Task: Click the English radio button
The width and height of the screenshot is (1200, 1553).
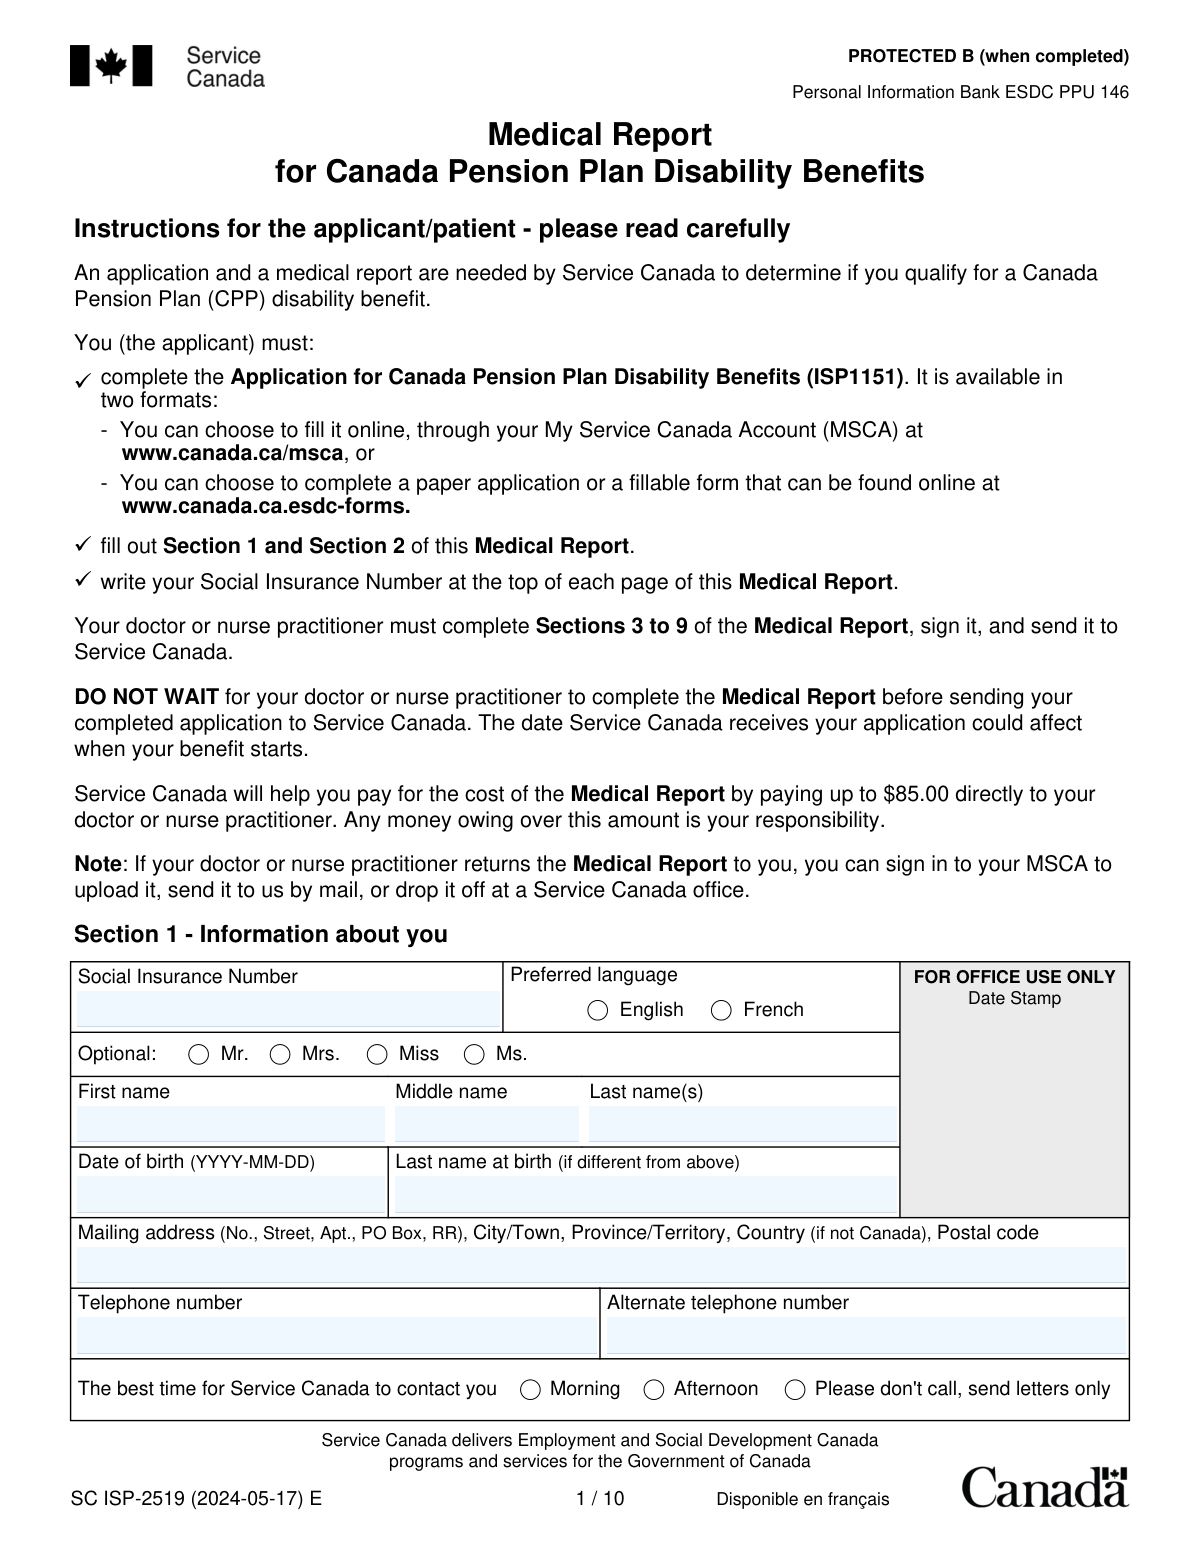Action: click(598, 1010)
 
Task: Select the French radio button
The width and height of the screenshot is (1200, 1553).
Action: click(721, 1010)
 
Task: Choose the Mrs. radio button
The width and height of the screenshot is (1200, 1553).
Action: click(281, 1054)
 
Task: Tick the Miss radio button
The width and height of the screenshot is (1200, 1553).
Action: click(377, 1054)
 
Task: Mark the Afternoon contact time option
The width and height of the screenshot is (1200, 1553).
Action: click(654, 1389)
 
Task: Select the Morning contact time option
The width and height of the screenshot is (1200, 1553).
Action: click(531, 1389)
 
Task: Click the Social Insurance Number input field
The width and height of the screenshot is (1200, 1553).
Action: click(287, 1009)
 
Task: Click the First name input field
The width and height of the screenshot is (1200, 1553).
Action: click(230, 1124)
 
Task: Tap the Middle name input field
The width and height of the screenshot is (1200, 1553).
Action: click(486, 1124)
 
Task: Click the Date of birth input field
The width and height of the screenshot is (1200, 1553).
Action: click(230, 1194)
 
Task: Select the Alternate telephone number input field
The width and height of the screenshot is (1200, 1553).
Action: click(865, 1335)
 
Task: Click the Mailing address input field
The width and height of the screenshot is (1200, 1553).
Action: click(600, 1265)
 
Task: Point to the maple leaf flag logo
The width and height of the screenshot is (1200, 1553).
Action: click(111, 66)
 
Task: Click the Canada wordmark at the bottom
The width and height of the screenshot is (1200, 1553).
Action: click(1045, 1487)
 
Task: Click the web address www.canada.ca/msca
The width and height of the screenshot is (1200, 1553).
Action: click(231, 453)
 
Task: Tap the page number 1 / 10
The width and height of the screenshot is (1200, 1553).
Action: click(600, 1498)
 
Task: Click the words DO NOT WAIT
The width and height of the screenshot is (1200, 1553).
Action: click(146, 697)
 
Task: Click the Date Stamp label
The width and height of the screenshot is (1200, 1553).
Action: click(1014, 998)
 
